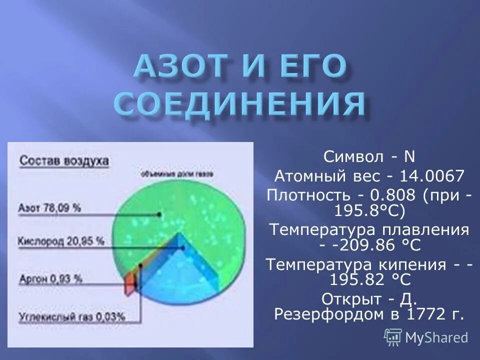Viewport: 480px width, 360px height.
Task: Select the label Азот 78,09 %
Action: tap(49, 208)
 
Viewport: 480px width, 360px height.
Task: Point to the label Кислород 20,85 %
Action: tap(61, 241)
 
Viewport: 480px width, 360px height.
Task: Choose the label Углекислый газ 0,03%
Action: tap(71, 316)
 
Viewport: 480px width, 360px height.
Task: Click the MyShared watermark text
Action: tap(436, 337)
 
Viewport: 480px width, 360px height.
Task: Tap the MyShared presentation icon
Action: tap(393, 337)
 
